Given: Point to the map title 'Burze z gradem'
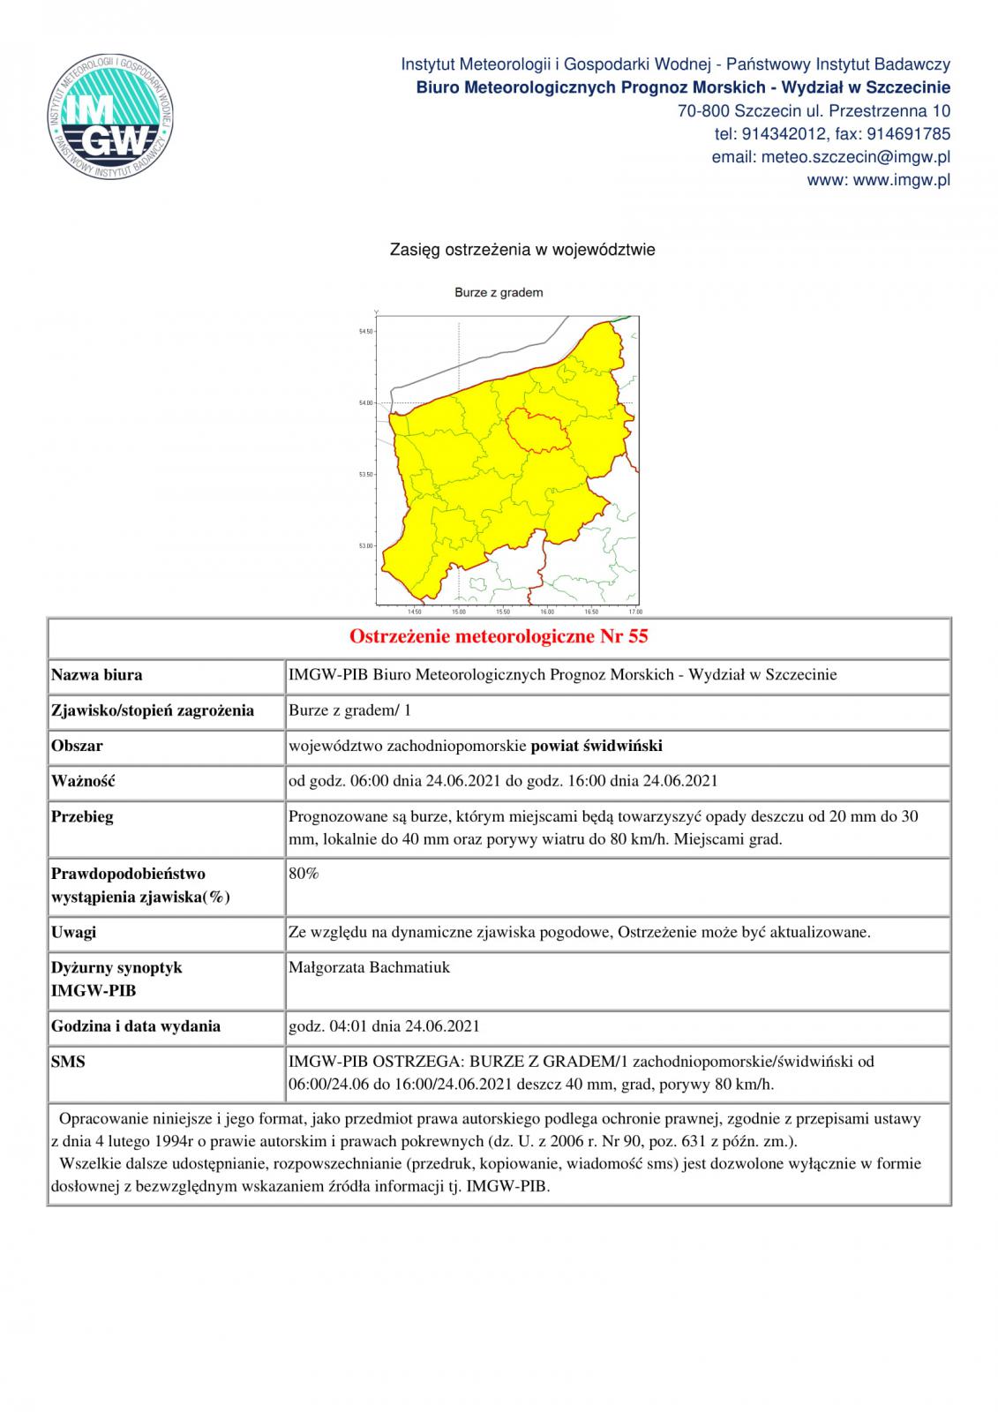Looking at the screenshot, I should [499, 292].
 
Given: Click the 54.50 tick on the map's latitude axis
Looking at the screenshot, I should [365, 332].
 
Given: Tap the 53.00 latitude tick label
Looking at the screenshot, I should [365, 546].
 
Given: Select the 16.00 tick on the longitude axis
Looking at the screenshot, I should [547, 612].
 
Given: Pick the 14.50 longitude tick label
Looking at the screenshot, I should [415, 612].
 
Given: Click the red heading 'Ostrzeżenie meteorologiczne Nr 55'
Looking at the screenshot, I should [499, 636].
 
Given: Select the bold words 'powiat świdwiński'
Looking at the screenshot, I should [597, 746].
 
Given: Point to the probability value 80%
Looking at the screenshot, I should [304, 874].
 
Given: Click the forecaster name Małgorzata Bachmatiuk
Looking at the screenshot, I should [369, 967].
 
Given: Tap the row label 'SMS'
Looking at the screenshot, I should [68, 1062].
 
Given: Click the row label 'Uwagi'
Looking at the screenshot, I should [74, 932].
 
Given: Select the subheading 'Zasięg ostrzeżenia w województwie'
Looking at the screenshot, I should [522, 250].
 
